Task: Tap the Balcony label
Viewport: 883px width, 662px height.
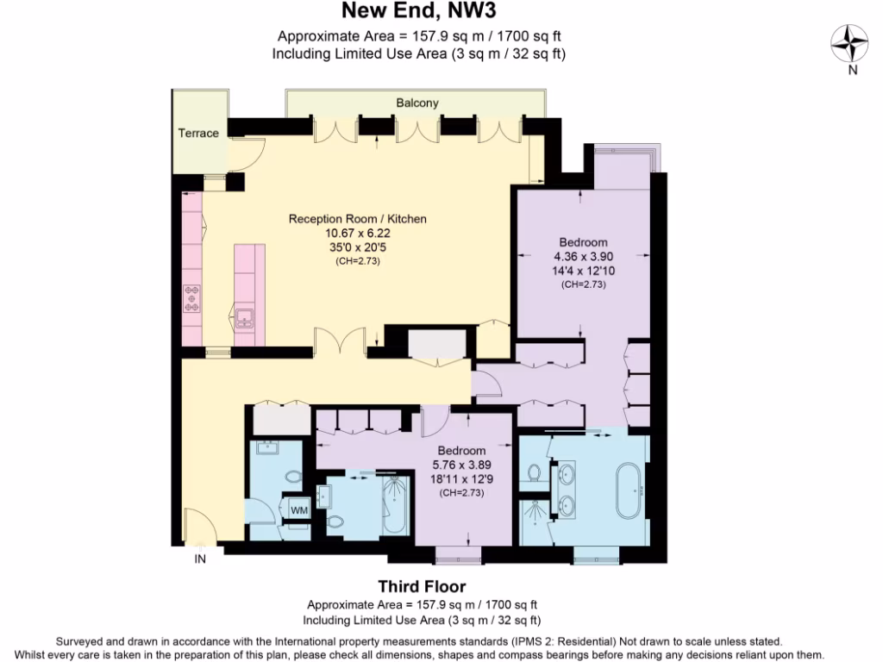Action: pyautogui.click(x=417, y=103)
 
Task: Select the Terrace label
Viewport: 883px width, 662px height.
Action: pyautogui.click(x=197, y=133)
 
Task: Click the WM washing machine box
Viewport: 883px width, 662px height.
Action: pyautogui.click(x=298, y=510)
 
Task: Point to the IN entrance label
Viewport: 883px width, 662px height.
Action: pyautogui.click(x=200, y=559)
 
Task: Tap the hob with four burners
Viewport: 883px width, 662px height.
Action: pyautogui.click(x=191, y=298)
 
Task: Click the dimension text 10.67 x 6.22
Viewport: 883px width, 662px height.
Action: pyautogui.click(x=357, y=233)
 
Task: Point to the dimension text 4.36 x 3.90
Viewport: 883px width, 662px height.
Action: pyautogui.click(x=583, y=256)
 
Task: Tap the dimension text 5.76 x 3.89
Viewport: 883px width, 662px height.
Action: pyautogui.click(x=461, y=465)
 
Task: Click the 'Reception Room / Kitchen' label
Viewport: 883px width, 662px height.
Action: pyautogui.click(x=357, y=219)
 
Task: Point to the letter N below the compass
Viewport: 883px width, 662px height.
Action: pyautogui.click(x=852, y=71)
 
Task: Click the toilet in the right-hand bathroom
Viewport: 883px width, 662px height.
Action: pyautogui.click(x=535, y=472)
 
